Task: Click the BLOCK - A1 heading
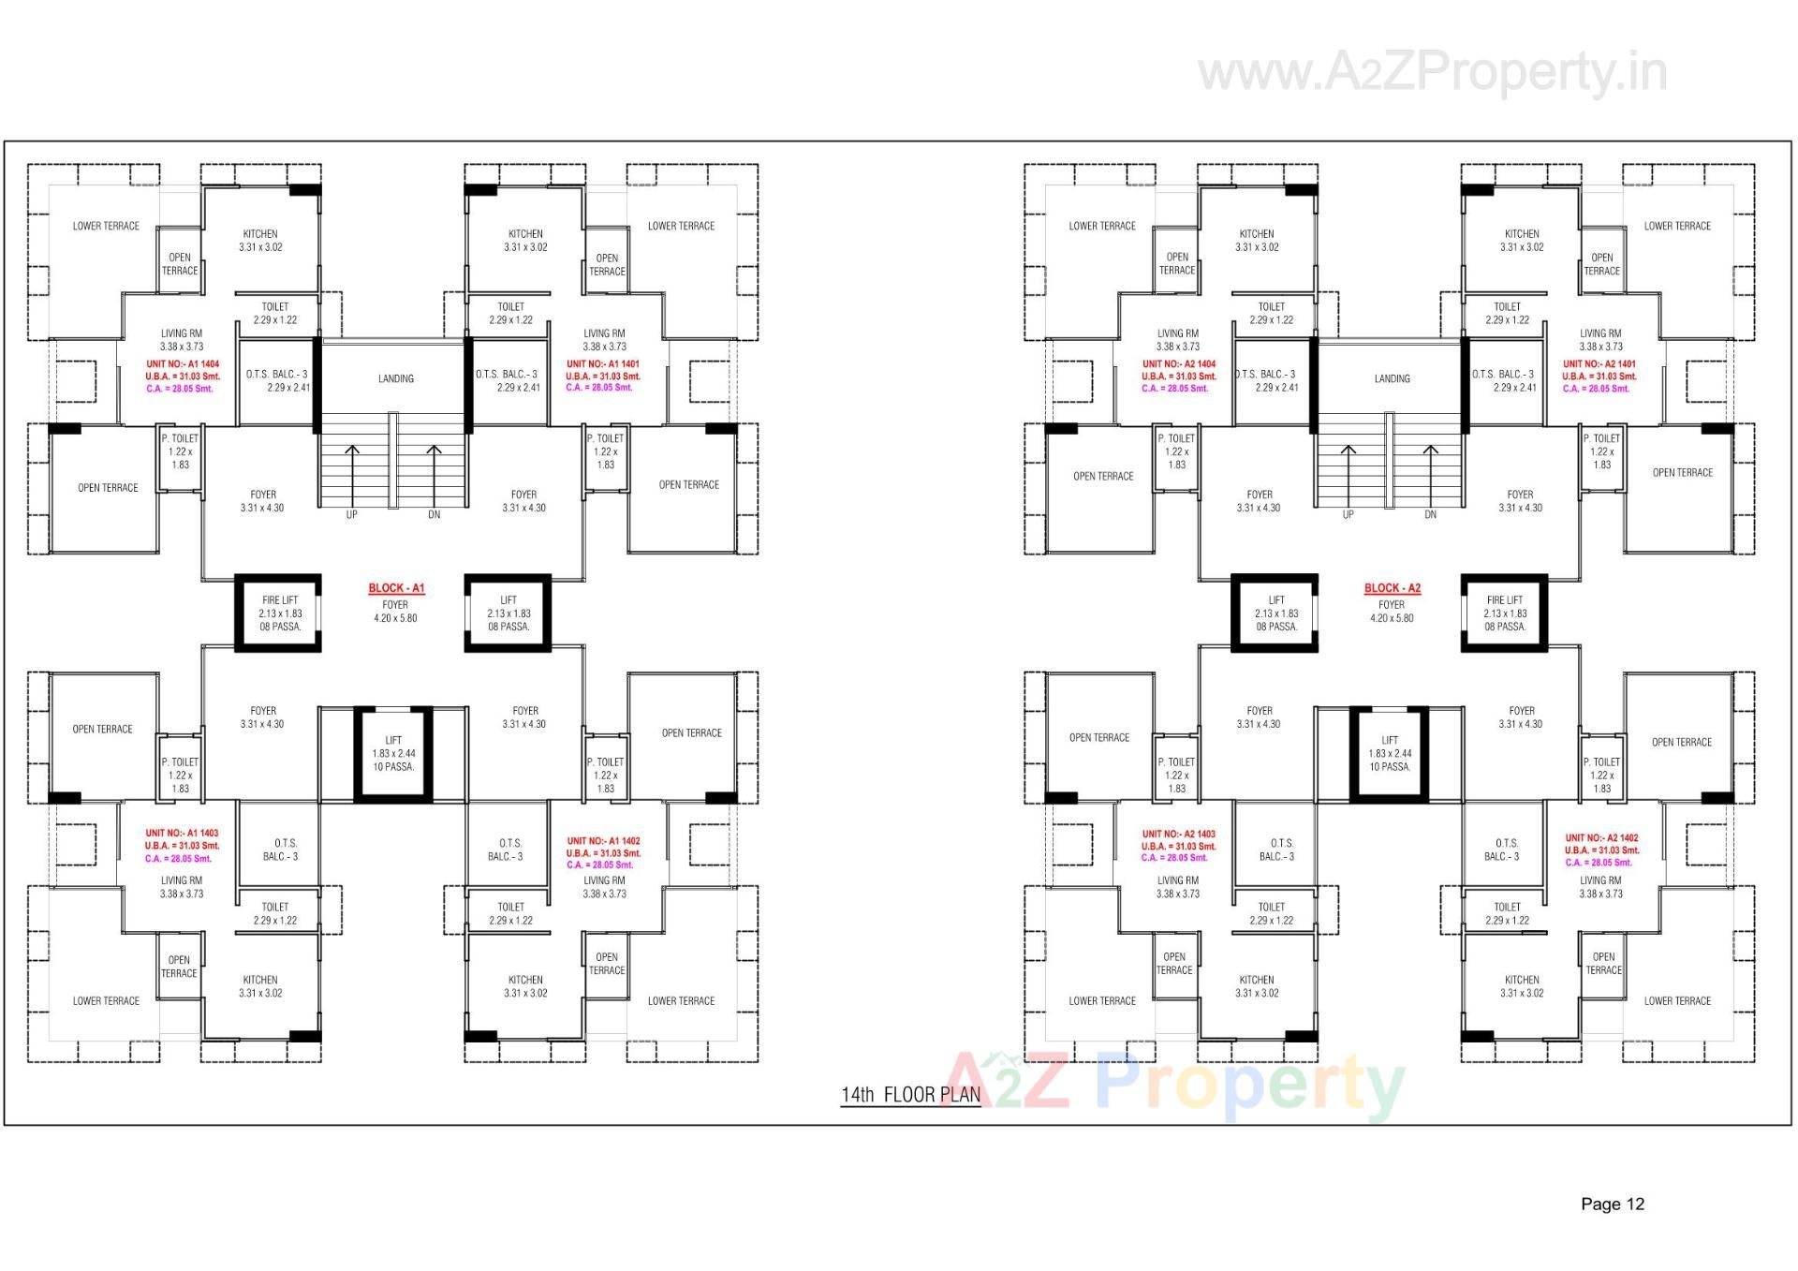click(x=396, y=588)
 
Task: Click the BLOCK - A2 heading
click(x=1392, y=588)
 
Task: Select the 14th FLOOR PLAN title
click(x=910, y=1094)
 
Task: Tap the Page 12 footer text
click(x=1612, y=1204)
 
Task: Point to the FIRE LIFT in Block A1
click(x=279, y=613)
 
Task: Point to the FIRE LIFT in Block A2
click(x=1504, y=613)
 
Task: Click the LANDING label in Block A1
click(x=396, y=379)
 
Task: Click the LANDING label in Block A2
click(x=1392, y=379)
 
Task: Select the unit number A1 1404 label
click(x=183, y=364)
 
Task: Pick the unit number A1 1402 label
click(x=604, y=841)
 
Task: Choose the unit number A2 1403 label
click(x=1178, y=834)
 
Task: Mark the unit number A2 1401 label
click(x=1599, y=364)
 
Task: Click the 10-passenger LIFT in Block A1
click(x=393, y=754)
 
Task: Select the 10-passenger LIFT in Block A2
click(x=1390, y=754)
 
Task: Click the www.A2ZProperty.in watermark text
click(x=1433, y=72)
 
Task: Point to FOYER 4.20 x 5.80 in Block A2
click(x=1392, y=612)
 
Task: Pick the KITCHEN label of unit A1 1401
click(x=525, y=241)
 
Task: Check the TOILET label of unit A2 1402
click(x=1507, y=913)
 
